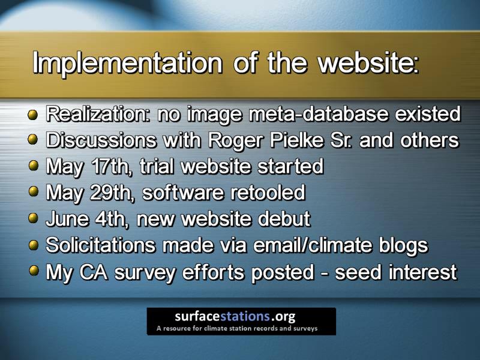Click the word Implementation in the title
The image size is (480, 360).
[127, 63]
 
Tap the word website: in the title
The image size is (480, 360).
[368, 62]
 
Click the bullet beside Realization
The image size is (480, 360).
[33, 115]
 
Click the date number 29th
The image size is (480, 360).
[112, 193]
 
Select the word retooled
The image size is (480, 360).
[268, 193]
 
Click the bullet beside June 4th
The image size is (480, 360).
[33, 218]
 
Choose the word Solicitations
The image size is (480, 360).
[100, 245]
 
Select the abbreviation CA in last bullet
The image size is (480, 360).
[94, 272]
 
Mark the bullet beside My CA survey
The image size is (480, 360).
[33, 271]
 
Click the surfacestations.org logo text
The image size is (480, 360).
[235, 316]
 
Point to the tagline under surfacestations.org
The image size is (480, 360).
[237, 329]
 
